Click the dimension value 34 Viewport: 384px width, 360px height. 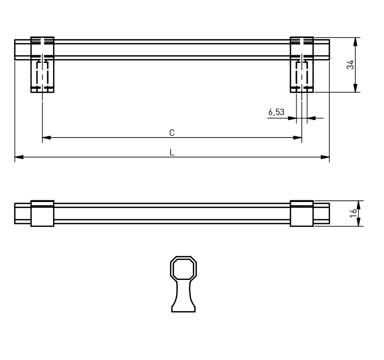[350, 65]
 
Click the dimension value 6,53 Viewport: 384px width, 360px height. [276, 112]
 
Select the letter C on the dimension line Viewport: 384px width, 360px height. [172, 133]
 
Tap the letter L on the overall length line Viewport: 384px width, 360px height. [172, 153]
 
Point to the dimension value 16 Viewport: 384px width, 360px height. [353, 214]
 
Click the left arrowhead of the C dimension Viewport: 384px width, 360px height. [47, 137]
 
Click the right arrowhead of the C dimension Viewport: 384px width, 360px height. [298, 137]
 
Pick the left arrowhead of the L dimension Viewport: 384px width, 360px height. [19, 157]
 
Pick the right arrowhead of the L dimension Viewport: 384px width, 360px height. [325, 157]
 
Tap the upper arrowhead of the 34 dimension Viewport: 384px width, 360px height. [355, 42]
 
